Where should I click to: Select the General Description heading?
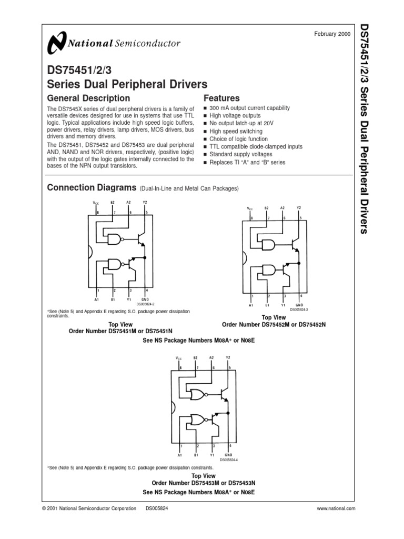point(88,98)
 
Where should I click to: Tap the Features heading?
point(221,98)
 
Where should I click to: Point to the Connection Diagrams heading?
point(92,188)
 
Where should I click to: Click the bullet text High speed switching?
point(236,131)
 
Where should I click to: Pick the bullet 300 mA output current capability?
point(249,108)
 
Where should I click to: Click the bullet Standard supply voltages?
point(241,154)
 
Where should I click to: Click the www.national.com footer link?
point(337,508)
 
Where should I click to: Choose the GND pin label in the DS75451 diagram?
point(146,298)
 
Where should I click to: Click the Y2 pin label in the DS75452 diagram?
point(299,208)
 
